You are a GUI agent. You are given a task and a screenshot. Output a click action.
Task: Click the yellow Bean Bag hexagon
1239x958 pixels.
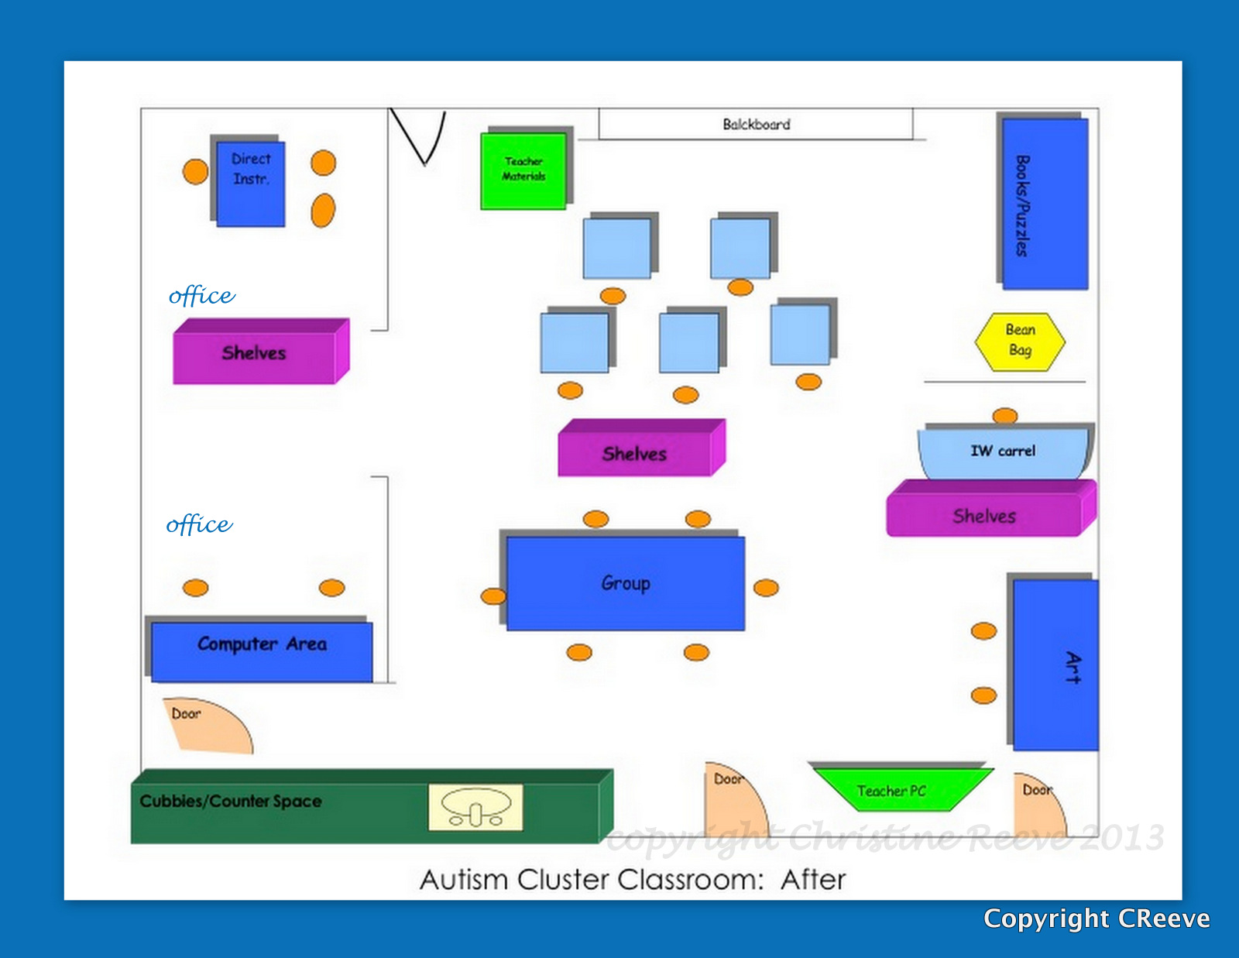(x=1020, y=342)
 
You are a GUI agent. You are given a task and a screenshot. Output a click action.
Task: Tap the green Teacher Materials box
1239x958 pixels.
(x=523, y=170)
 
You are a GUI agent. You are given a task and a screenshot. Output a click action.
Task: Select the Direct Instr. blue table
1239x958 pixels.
(x=250, y=184)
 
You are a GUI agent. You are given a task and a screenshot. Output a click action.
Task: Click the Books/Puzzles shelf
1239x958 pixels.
(x=1045, y=204)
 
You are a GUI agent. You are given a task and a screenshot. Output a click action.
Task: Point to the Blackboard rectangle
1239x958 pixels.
(x=756, y=124)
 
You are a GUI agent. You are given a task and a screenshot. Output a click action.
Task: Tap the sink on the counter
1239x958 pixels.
(x=475, y=807)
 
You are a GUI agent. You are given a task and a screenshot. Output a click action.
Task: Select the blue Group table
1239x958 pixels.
(x=625, y=583)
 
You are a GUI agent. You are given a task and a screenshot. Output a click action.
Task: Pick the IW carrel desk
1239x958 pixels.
(x=1003, y=452)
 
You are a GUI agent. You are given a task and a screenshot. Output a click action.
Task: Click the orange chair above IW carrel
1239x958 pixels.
(x=1005, y=416)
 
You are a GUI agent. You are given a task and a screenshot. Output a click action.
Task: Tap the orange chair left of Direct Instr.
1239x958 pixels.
(x=195, y=171)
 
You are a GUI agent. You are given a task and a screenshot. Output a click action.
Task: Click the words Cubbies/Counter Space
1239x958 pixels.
(x=231, y=801)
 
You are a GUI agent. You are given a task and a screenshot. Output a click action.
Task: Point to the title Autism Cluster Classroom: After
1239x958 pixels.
(x=632, y=880)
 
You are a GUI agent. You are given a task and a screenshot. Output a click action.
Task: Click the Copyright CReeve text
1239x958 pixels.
(x=1096, y=919)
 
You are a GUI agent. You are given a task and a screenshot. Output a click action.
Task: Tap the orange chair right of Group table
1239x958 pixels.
(x=766, y=588)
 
